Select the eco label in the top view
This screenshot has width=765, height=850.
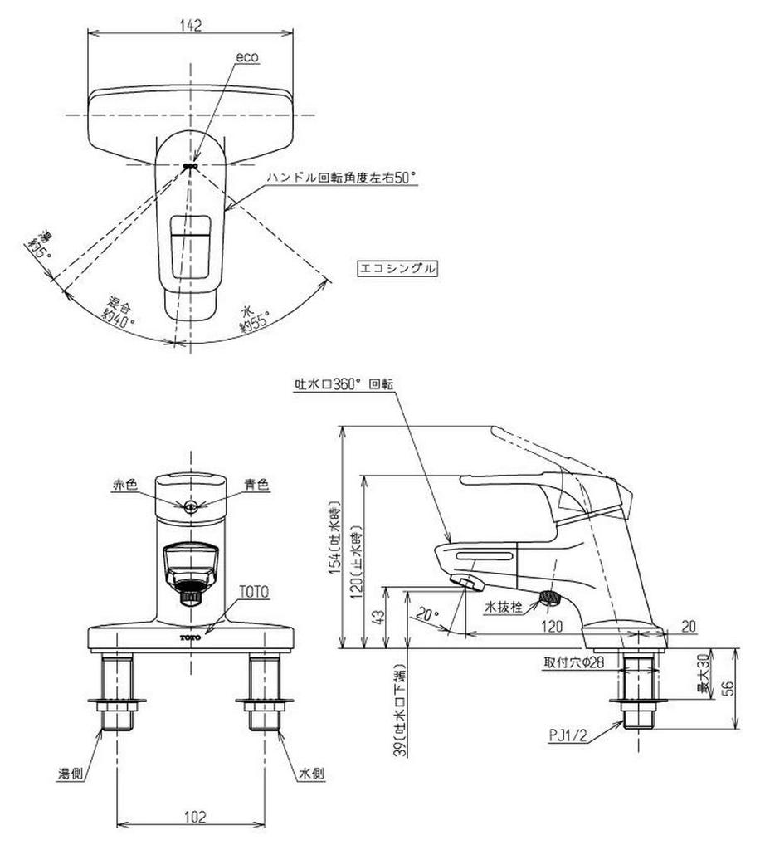[x=247, y=57]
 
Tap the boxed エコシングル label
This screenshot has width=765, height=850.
[x=396, y=268]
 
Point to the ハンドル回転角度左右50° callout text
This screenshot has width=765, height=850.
[x=341, y=177]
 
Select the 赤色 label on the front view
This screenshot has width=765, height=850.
[x=125, y=486]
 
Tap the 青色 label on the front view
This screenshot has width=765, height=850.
[x=258, y=486]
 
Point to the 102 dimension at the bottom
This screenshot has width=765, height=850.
[x=192, y=816]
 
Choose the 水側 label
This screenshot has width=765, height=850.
[x=312, y=773]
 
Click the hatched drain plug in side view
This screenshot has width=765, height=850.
[x=550, y=596]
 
